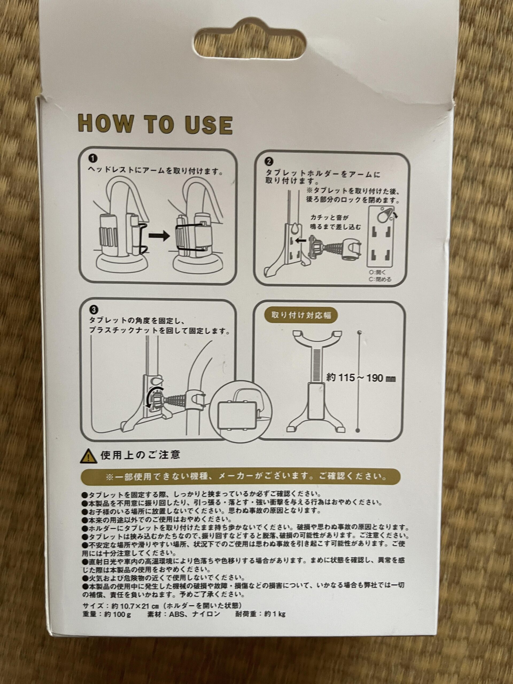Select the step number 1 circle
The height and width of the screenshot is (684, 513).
92,159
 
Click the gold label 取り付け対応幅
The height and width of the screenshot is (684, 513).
300,315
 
